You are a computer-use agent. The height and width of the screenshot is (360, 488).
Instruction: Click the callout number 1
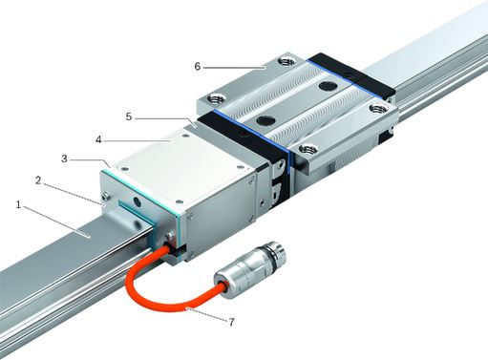[18, 204]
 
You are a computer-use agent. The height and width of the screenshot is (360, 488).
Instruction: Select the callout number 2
[38, 180]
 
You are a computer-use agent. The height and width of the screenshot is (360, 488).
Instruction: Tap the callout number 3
[64, 159]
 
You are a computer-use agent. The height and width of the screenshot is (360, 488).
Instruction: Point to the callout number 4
[99, 139]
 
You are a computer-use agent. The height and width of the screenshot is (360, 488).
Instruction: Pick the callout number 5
[129, 116]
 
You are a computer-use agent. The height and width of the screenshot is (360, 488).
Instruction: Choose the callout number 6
[198, 67]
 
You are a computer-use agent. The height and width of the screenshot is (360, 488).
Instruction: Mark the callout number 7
[231, 322]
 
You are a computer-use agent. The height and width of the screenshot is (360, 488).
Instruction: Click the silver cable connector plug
[251, 268]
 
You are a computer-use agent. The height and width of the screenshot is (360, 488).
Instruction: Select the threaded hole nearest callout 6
[286, 60]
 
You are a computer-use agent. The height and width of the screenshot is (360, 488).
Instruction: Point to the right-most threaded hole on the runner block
[377, 110]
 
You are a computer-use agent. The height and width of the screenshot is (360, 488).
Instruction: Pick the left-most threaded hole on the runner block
[216, 98]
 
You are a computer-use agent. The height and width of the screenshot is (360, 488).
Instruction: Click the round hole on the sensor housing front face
[137, 201]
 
